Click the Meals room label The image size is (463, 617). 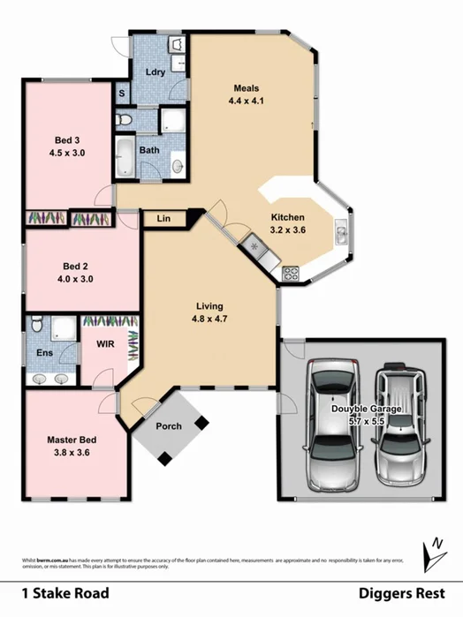tap(246, 88)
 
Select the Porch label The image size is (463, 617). tap(169, 426)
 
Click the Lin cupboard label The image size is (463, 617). tap(164, 218)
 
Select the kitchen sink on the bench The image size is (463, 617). tap(340, 233)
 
